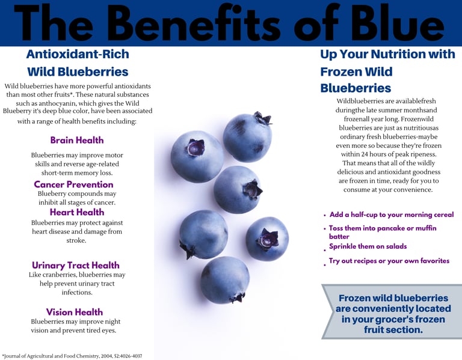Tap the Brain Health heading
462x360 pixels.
pyautogui.click(x=77, y=140)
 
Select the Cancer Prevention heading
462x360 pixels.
pyautogui.click(x=73, y=185)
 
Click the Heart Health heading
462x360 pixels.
pyautogui.click(x=77, y=212)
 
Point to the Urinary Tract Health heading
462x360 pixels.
pyautogui.click(x=76, y=265)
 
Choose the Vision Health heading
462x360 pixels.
pyautogui.click(x=75, y=312)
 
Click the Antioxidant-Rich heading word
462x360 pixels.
pyautogui.click(x=78, y=54)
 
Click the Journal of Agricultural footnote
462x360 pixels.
pyautogui.click(x=72, y=356)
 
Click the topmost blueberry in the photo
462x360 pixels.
pyautogui.click(x=247, y=137)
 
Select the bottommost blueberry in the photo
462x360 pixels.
pyautogui.click(x=225, y=280)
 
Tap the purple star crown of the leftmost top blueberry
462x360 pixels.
pyautogui.click(x=196, y=147)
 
